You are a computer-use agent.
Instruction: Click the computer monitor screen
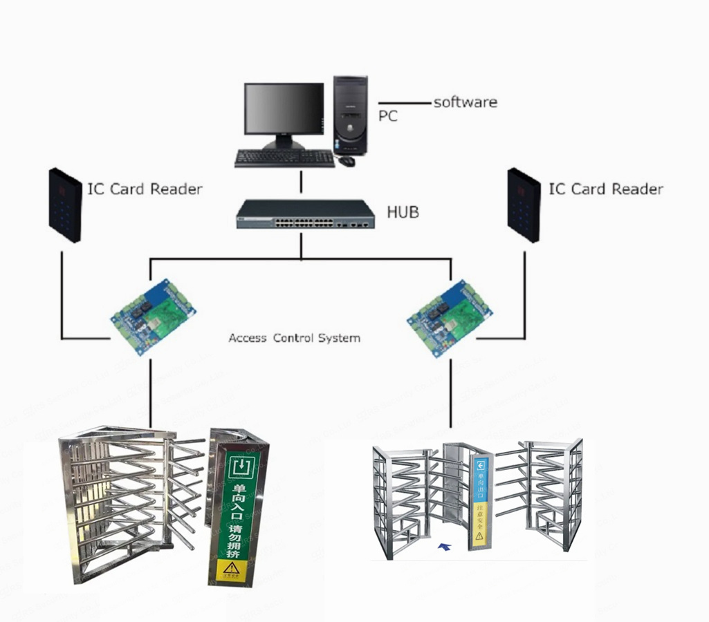(x=284, y=111)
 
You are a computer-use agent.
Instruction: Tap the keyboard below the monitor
(x=284, y=158)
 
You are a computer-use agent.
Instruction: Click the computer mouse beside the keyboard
(x=346, y=161)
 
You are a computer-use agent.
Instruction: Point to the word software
(x=465, y=102)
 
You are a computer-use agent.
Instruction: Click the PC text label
(x=388, y=116)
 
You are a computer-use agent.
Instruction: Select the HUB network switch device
(x=305, y=214)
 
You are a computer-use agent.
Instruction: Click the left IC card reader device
(x=65, y=205)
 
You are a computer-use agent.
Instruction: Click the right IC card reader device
(x=524, y=205)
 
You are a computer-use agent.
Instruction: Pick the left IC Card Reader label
(x=145, y=189)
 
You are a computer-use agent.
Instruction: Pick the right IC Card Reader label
(x=606, y=189)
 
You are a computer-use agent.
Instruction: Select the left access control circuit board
(x=153, y=315)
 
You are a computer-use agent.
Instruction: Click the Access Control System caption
(x=294, y=339)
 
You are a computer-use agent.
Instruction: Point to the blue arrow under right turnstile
(x=444, y=547)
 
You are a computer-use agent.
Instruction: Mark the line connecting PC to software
(x=404, y=104)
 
